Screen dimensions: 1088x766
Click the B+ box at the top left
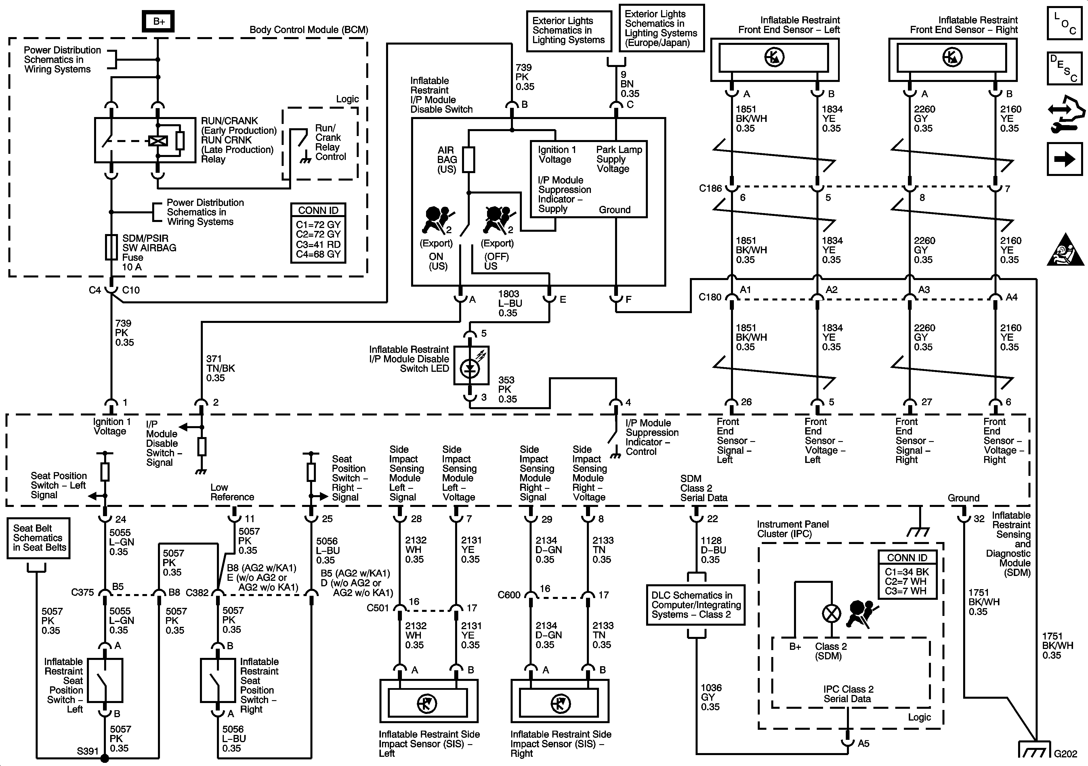tap(159, 21)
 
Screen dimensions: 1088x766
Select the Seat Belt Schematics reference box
tap(38, 538)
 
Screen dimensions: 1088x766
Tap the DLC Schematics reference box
tap(695, 605)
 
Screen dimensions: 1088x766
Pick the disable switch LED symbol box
tap(471, 365)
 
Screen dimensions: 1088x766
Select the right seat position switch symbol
tap(217, 680)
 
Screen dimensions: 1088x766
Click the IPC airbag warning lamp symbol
tap(831, 614)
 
